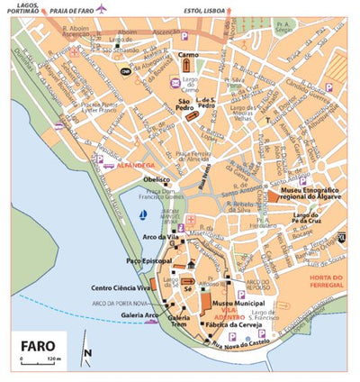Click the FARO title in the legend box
40,344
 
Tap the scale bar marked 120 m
40,359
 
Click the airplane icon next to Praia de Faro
101,9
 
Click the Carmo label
188,55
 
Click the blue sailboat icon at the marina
144,216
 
